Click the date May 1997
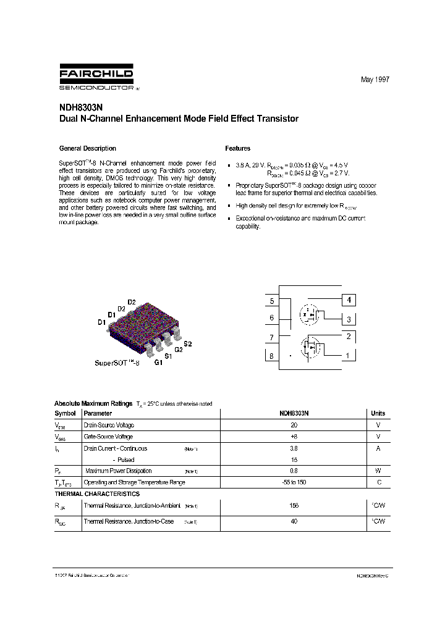coord(375,80)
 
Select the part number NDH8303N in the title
coord(78,107)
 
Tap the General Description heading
coord(87,148)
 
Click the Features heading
coord(238,148)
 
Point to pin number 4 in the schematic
coord(349,301)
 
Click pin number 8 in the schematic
coord(271,356)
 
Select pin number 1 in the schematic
coord(349,355)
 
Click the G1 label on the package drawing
coord(159,363)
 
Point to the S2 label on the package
coord(188,343)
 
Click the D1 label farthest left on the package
coord(101,322)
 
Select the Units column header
coord(378,414)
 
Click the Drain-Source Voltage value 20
coord(294,425)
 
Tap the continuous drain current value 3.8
coord(294,448)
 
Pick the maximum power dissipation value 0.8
coord(294,471)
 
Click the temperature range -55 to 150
coord(294,482)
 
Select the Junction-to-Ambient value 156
coord(294,506)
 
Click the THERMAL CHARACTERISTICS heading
coord(97,494)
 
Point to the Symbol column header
coord(66,414)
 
